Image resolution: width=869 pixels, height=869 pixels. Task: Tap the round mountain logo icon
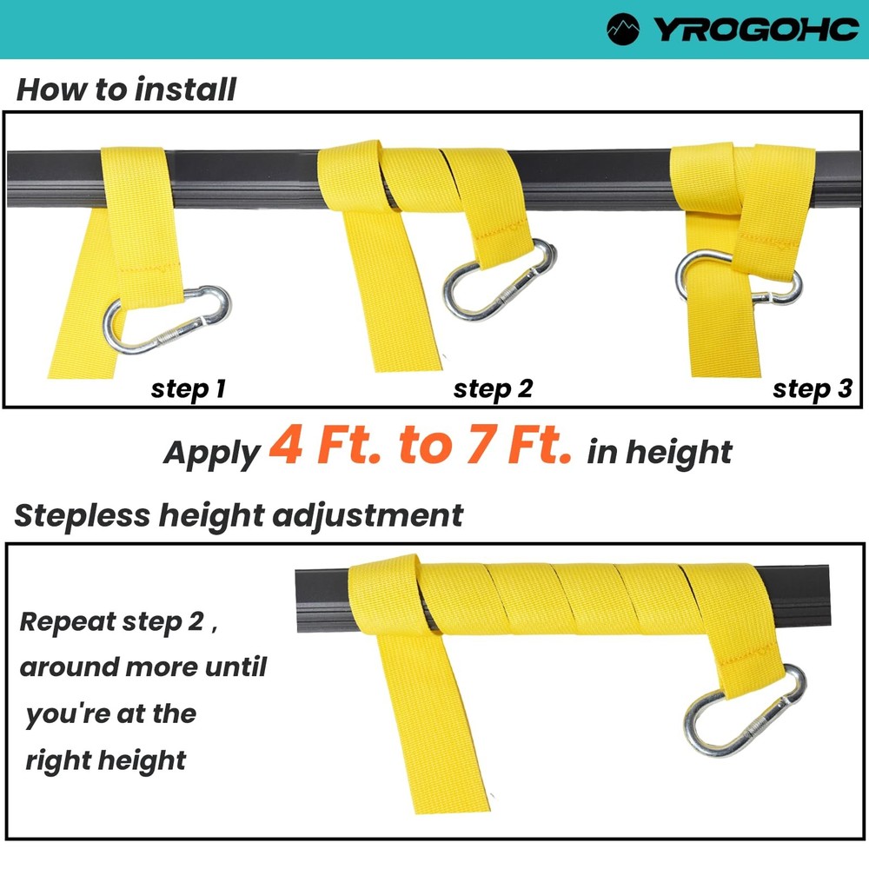(x=624, y=29)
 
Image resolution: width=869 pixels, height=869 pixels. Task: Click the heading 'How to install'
(x=126, y=90)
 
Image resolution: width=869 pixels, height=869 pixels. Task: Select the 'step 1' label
(x=189, y=388)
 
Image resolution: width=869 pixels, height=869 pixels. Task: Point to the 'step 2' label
(x=493, y=388)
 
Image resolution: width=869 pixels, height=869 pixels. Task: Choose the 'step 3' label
(x=813, y=388)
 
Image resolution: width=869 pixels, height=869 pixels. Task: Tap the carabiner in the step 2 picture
(x=499, y=279)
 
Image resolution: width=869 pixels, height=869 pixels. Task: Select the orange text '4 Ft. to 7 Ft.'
(x=421, y=445)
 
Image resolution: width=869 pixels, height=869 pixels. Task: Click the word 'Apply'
(x=211, y=453)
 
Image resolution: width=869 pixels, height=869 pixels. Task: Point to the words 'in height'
(x=660, y=452)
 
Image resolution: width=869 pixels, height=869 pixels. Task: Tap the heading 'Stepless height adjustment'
(x=238, y=515)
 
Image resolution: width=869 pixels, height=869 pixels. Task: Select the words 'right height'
(x=105, y=760)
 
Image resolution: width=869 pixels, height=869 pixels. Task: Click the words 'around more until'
(x=143, y=667)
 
